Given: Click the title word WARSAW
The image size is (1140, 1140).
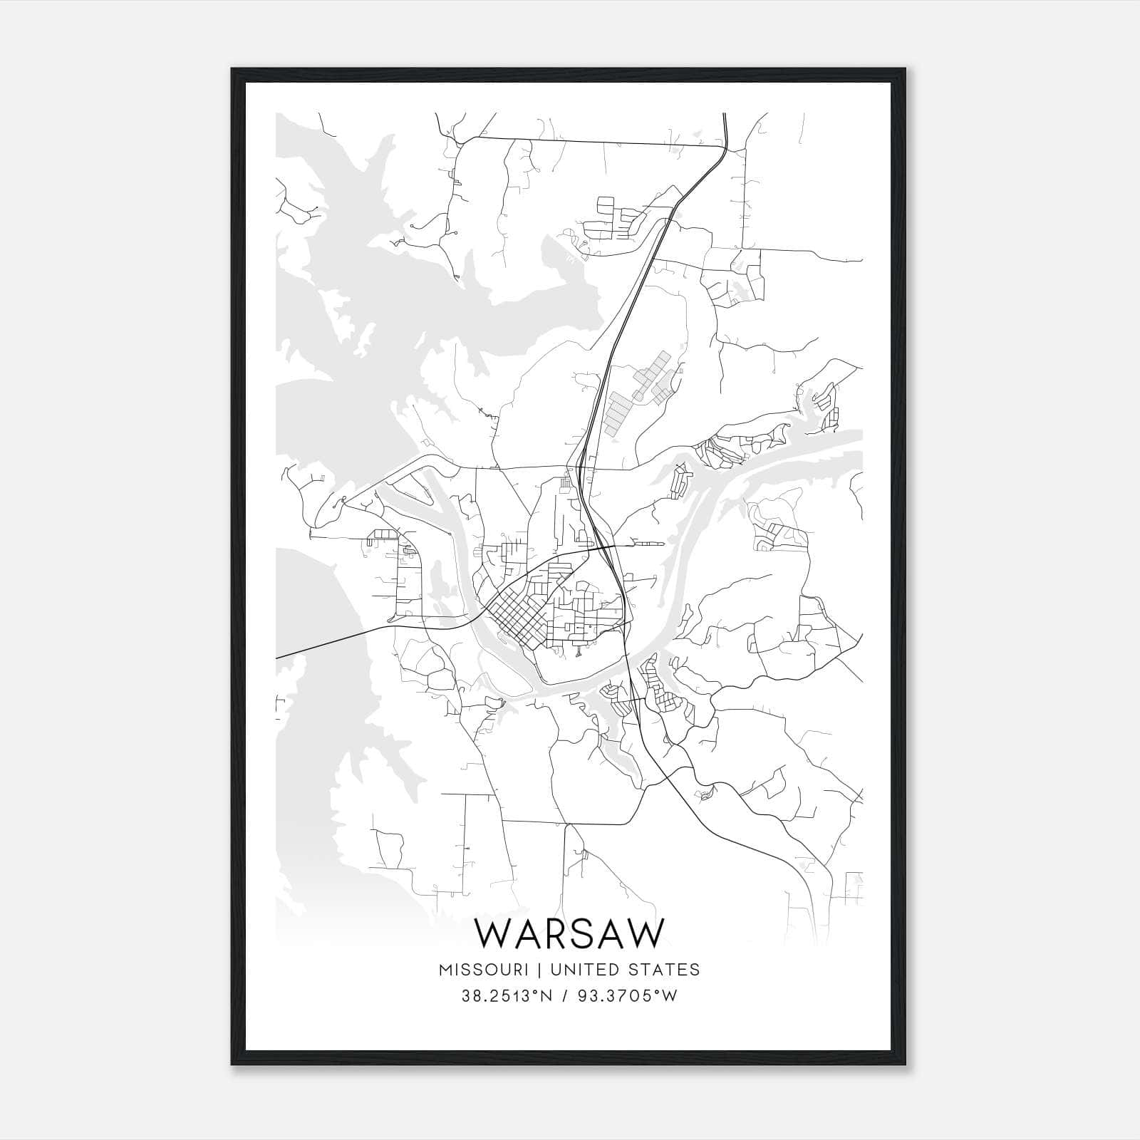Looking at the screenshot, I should click(x=569, y=933).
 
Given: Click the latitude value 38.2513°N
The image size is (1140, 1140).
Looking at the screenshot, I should click(x=507, y=996).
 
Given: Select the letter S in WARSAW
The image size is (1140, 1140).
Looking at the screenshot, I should click(x=586, y=933).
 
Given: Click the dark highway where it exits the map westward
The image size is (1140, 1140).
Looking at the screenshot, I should click(x=279, y=656).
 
